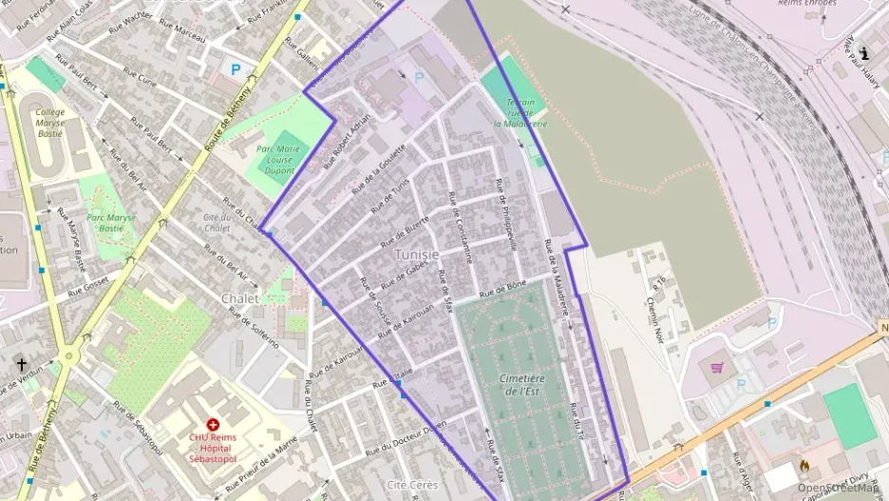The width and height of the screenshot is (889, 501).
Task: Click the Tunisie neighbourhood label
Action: (x=417, y=255)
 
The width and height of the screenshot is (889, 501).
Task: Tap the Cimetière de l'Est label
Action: (x=521, y=384)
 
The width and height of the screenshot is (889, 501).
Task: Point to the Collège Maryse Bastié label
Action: (x=49, y=123)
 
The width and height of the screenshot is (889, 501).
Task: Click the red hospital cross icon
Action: (x=212, y=423)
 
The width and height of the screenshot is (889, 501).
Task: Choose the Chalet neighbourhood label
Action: (x=239, y=298)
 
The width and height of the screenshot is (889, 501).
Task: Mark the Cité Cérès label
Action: (x=412, y=485)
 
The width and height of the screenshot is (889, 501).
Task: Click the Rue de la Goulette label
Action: (x=379, y=168)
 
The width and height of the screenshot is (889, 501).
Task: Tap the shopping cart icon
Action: (x=717, y=367)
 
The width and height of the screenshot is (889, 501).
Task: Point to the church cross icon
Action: (x=21, y=364)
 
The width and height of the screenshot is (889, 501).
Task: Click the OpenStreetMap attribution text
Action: (x=839, y=488)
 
